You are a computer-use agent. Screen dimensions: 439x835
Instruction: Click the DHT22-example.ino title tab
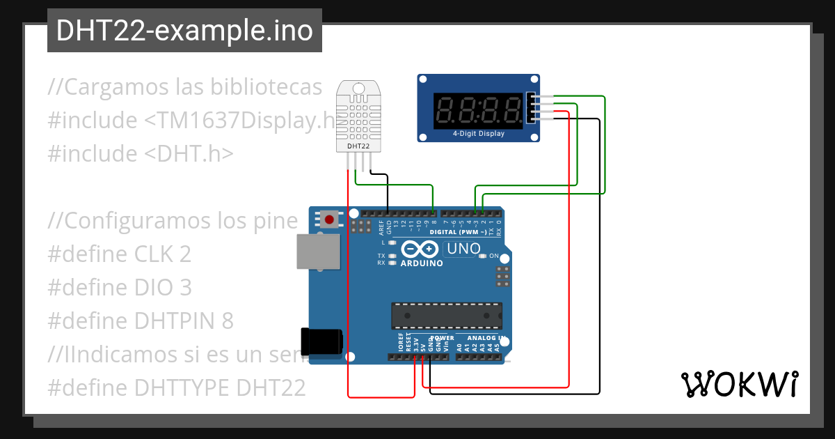click(184, 31)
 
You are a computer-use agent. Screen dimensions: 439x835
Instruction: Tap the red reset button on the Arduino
click(329, 219)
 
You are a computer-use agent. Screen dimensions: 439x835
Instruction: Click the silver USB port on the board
click(317, 251)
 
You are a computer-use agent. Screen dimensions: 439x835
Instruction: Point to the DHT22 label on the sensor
click(358, 146)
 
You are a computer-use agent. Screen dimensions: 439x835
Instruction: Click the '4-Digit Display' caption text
click(479, 133)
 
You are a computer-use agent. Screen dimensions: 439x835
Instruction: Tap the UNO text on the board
click(463, 249)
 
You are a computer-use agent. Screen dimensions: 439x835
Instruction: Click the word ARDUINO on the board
click(422, 263)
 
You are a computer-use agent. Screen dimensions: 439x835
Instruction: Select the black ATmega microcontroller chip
click(446, 315)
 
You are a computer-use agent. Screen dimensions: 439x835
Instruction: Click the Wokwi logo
click(739, 384)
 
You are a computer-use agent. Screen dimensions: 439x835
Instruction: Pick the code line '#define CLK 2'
click(119, 254)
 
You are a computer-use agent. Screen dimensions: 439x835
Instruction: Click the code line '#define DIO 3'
click(119, 288)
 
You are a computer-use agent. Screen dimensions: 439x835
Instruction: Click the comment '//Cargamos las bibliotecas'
click(185, 87)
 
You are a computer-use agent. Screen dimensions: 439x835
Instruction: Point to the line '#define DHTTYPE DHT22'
click(177, 387)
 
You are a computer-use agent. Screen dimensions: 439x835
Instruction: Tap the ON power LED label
click(494, 256)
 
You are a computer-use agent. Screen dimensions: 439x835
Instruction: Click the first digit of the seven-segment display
click(445, 109)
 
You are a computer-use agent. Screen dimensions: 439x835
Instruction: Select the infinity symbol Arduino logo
click(420, 249)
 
